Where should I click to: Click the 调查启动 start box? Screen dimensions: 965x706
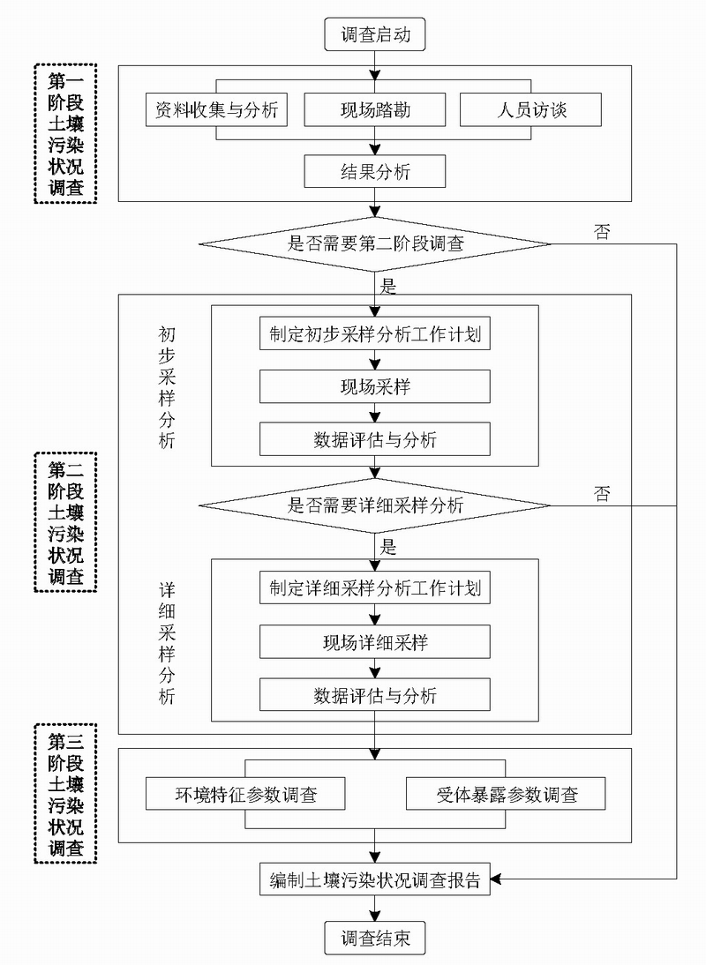tap(375, 35)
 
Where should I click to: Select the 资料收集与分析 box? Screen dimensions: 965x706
tap(217, 110)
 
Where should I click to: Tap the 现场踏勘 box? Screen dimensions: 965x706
tap(375, 110)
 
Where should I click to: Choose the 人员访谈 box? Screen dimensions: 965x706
tap(531, 110)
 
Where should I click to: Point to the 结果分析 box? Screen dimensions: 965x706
tap(375, 171)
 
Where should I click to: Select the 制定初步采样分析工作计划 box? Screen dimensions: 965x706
tap(375, 334)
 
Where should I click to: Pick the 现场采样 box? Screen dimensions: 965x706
tap(375, 386)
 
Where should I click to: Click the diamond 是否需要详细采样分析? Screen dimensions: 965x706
tap(375, 505)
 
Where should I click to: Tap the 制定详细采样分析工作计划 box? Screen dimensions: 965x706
tap(375, 588)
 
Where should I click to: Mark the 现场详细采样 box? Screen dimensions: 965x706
tap(375, 642)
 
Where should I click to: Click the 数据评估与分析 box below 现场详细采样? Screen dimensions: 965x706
tap(375, 695)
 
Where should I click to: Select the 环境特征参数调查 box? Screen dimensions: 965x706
tap(244, 794)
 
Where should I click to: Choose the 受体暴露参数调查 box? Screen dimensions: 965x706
tap(507, 794)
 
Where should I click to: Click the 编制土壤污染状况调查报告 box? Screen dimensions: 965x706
tap(375, 879)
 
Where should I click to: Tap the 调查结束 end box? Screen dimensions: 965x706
tap(375, 937)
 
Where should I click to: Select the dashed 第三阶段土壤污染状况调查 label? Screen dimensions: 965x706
tap(65, 793)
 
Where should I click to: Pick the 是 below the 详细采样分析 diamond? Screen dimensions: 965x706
tap(388, 548)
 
